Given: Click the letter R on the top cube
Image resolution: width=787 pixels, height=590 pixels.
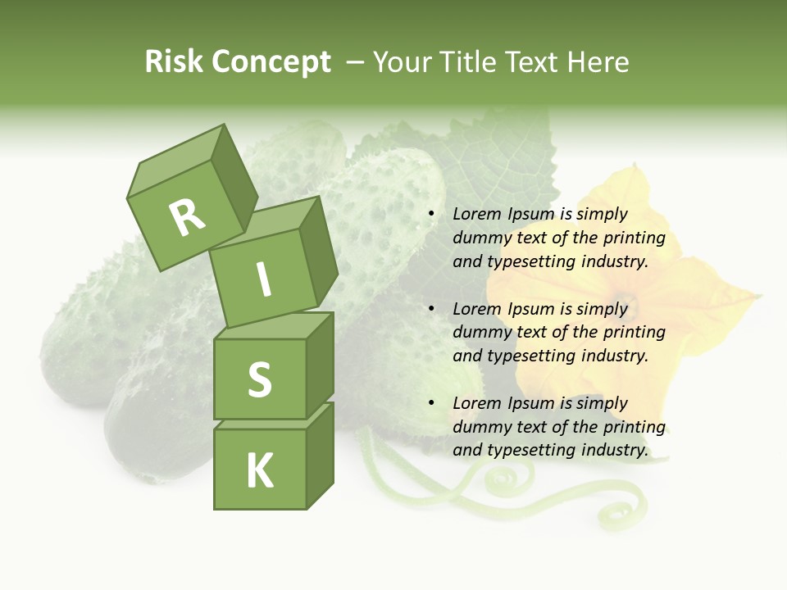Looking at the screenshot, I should pos(187,217).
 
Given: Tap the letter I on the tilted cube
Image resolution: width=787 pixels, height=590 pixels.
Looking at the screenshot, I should pos(263,280).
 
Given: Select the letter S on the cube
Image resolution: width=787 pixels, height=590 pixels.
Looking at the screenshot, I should pos(259,379).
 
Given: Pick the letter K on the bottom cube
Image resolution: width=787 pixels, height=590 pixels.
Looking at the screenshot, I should pos(259,471).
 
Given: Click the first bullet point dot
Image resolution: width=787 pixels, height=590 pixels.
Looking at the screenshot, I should pos(431,214).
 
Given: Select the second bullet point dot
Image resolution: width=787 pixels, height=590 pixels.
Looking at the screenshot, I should pos(431,309).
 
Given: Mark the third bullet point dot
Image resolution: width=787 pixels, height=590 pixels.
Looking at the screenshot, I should pos(431,403).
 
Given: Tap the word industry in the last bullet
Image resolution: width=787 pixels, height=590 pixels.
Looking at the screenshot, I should pos(614,450).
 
